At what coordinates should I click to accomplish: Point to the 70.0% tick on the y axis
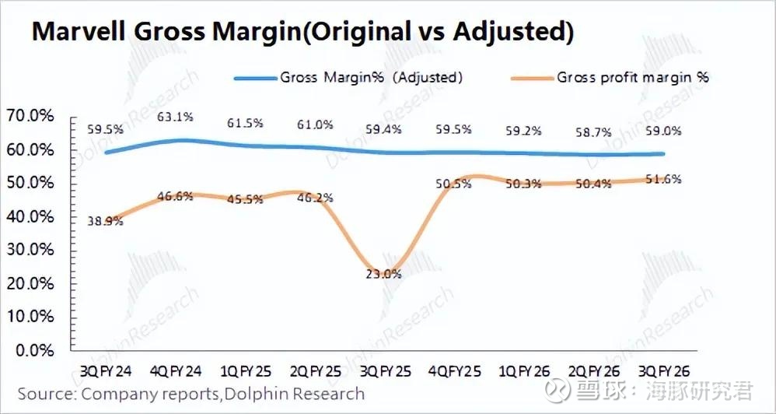30,116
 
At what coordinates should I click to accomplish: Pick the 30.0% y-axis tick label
30,250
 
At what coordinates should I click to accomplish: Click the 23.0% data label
384,273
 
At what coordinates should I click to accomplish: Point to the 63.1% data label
176,117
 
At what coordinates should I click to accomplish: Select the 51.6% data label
664,179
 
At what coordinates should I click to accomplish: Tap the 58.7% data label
592,133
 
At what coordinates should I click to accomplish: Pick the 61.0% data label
316,125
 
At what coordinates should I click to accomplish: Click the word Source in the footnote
45,394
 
